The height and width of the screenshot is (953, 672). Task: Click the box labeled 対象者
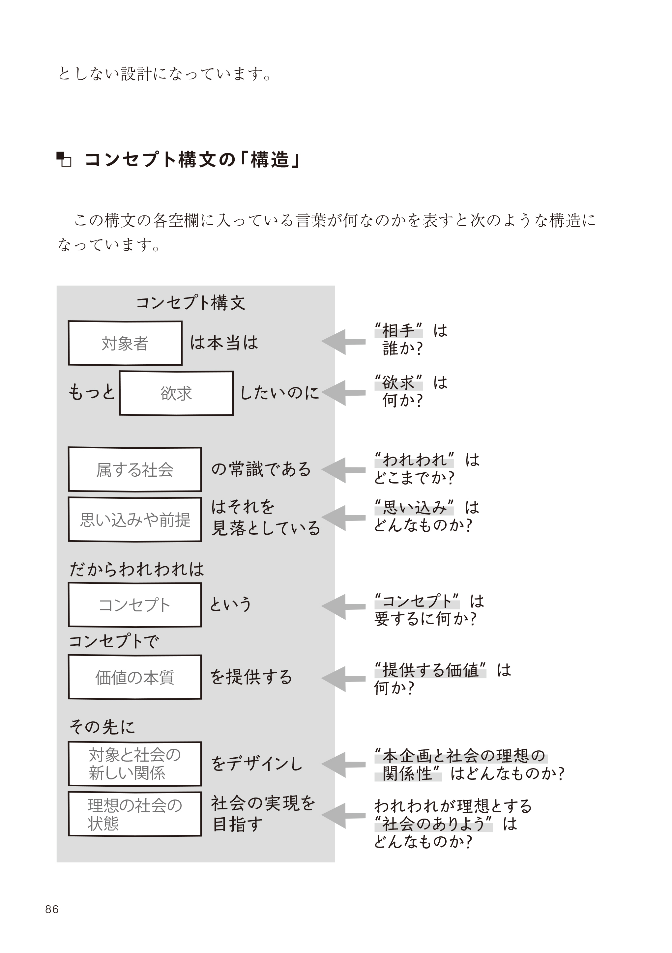coord(125,343)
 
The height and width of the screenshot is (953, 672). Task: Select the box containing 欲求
coord(176,393)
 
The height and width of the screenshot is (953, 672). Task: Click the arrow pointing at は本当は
coord(343,342)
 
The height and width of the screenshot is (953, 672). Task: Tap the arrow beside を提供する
coord(343,679)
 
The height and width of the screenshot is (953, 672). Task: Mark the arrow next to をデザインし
coord(343,764)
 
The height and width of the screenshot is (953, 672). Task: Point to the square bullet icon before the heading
coord(64,159)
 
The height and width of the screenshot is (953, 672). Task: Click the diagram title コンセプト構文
coord(190,303)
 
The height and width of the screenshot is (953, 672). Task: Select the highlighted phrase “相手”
coord(398,330)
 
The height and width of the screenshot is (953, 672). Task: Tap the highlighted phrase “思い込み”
coord(414,507)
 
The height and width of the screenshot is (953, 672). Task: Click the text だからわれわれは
coord(136,569)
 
